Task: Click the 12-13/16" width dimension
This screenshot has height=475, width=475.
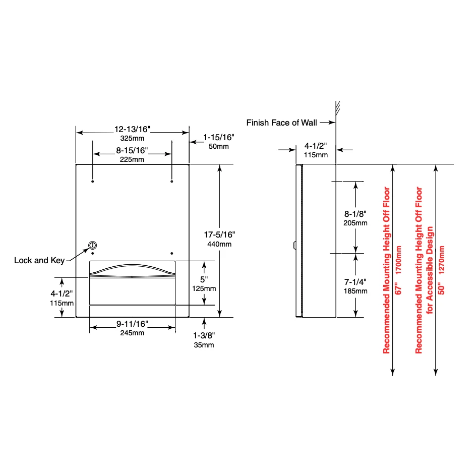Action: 132,130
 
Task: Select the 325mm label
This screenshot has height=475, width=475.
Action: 132,139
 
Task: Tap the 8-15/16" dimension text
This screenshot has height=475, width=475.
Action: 132,151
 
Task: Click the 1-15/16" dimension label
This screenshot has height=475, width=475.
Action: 218,138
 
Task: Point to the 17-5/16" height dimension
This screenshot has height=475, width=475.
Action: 219,235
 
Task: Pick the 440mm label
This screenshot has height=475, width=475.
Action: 219,244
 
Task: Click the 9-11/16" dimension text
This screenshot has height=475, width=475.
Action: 132,324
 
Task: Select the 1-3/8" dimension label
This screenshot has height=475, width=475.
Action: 204,336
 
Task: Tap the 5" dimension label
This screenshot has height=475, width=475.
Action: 204,279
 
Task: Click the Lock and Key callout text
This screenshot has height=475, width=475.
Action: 39,261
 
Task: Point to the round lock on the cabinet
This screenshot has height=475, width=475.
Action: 92,245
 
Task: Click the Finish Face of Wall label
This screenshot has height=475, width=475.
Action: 281,123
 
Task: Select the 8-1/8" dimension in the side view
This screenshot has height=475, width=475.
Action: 355,214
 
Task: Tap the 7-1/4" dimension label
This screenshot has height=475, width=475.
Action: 355,282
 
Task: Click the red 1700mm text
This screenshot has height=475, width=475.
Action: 398,260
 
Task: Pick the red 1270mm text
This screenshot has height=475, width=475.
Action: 441,260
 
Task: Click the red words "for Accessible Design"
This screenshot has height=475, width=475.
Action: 430,270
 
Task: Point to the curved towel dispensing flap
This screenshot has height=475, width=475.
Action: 133,270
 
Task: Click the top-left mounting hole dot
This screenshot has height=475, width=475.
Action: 92,182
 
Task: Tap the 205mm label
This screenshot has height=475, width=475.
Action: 355,223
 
